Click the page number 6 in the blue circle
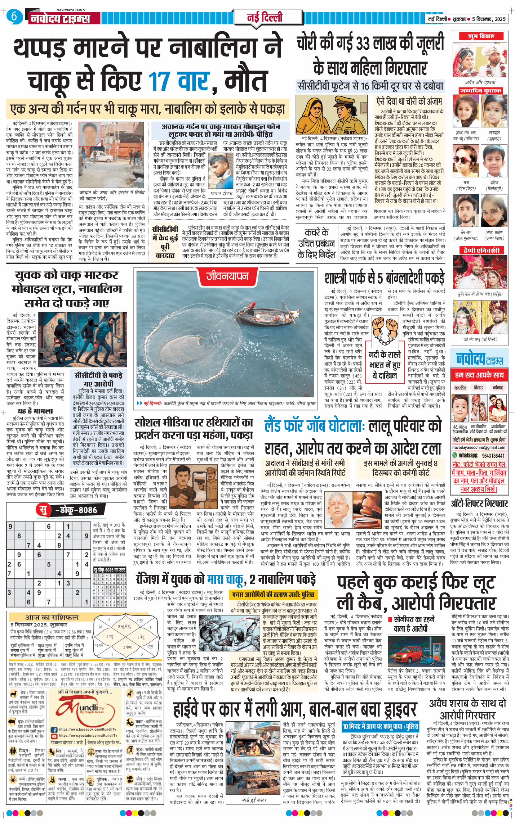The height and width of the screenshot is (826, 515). coord(14,16)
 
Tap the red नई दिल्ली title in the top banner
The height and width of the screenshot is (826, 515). coord(265,17)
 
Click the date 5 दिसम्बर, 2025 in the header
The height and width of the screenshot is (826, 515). coord(489,19)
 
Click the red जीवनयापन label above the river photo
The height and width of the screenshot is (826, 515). coord(227,276)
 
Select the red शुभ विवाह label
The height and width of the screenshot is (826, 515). coord(481,36)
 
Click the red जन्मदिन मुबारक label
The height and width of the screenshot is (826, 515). coord(481,91)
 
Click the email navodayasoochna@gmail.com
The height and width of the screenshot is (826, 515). coord(479,447)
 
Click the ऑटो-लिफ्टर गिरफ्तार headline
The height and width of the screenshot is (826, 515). coord(479,503)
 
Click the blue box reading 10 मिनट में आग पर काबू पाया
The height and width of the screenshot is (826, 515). coord(380,726)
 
